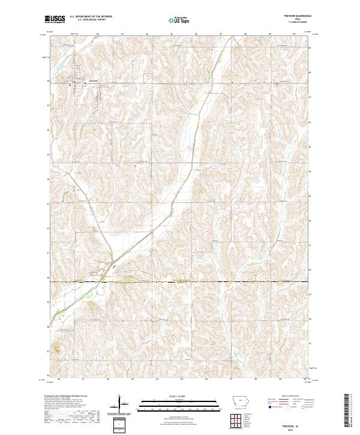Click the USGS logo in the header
(55, 19)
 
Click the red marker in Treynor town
(72, 86)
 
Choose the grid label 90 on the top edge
(293, 34)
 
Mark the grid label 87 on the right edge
(310, 95)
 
